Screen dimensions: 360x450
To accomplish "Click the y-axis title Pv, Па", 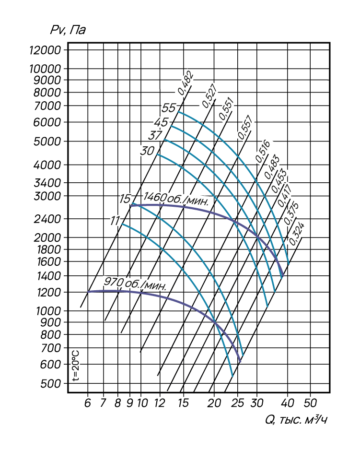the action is (x=68, y=30).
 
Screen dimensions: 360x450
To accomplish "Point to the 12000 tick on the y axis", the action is (x=46, y=50).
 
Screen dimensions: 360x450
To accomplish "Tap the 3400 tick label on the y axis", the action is (x=47, y=183).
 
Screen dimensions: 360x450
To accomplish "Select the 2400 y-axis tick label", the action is (x=47, y=219).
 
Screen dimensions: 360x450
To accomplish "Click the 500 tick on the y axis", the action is (x=51, y=384).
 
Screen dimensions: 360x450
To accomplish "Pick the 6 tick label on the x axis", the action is (x=88, y=403).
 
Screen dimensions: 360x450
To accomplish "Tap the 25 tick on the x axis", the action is (x=237, y=403).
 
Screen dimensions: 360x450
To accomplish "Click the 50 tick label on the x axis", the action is (x=310, y=403).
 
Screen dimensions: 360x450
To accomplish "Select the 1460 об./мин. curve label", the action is (x=175, y=199).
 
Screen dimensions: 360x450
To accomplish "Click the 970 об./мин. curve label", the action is (x=135, y=284).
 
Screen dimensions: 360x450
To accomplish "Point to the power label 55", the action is (x=168, y=108).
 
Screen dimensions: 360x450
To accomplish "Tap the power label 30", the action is (x=148, y=151).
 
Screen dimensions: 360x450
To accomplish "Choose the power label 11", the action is (x=115, y=221).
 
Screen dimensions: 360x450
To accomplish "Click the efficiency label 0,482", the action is (x=186, y=83).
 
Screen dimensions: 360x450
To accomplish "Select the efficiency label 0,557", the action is (x=245, y=128).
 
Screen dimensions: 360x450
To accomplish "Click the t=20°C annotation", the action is (x=76, y=366).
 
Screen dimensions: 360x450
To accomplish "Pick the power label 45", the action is (x=161, y=122).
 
